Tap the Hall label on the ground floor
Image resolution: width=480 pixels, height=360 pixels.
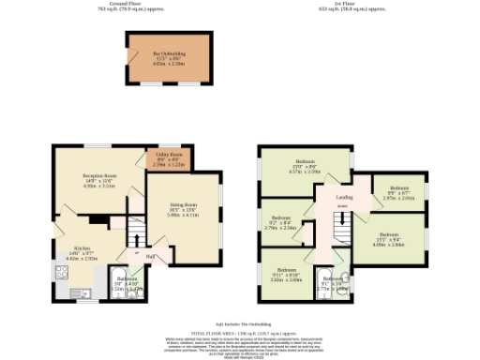[x=149, y=256]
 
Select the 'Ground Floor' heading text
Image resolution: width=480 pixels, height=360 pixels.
[x=131, y=4]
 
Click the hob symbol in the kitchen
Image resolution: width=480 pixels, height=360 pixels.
[x=63, y=273]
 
